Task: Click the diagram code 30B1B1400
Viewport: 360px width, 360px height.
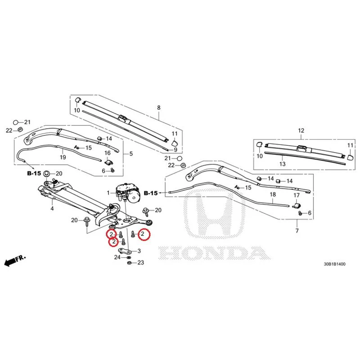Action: [334, 264]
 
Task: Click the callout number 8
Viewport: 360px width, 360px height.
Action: [159, 108]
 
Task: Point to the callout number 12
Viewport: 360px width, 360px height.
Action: [301, 130]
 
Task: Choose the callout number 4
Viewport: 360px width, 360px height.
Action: [52, 208]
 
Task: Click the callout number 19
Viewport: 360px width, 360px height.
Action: [63, 157]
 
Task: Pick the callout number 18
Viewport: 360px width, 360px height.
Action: [273, 194]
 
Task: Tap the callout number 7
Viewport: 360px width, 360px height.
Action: [297, 230]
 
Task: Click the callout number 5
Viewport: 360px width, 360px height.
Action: [131, 153]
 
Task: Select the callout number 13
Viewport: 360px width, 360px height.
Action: [283, 164]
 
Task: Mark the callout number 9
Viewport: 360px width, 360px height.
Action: [175, 150]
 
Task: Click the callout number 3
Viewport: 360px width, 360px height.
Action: [139, 251]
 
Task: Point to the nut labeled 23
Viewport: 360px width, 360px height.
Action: [129, 263]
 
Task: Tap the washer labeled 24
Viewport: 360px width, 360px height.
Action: [128, 257]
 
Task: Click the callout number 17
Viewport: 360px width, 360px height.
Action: [297, 195]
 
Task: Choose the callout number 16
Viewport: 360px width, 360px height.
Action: [108, 153]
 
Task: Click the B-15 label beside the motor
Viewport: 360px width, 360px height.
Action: [151, 193]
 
